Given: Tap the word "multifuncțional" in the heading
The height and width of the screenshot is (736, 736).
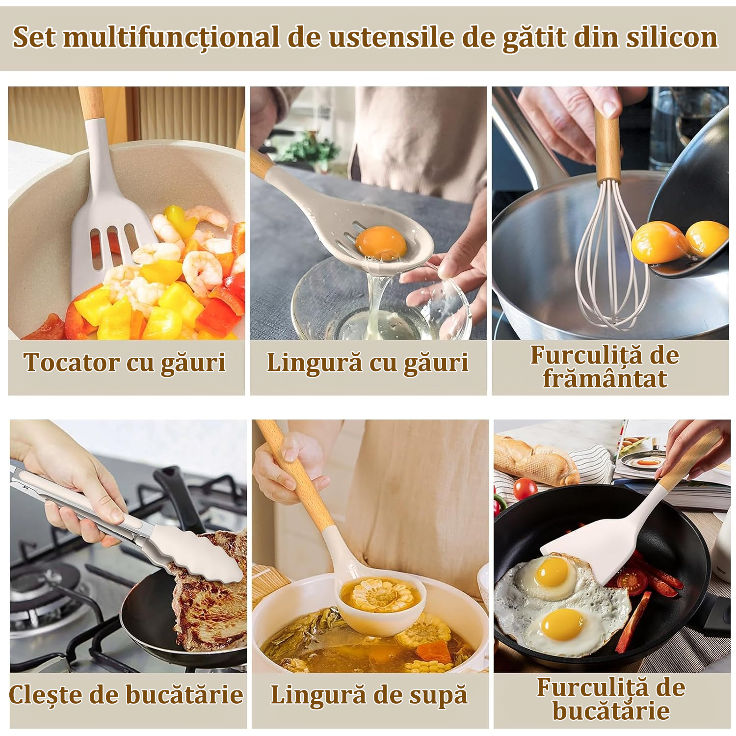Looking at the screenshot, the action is coord(171,38).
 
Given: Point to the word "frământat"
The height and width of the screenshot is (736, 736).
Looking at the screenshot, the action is coord(605,379).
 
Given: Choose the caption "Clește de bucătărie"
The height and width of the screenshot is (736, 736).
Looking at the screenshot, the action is coord(127,695).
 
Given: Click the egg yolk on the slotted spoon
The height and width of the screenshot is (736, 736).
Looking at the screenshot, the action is coord(381,241).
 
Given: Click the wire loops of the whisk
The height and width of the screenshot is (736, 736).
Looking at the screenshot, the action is coord(611,255).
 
